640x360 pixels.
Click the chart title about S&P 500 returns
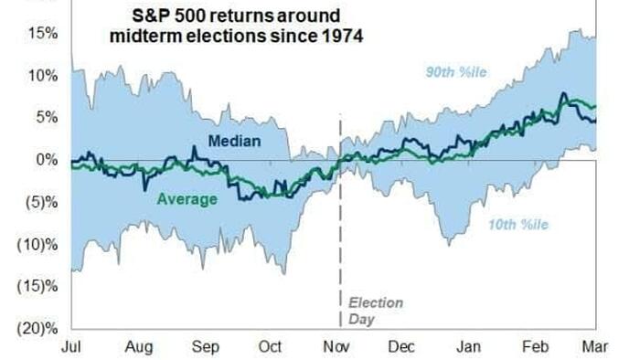(x=236, y=26)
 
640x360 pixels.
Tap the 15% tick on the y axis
(x=42, y=34)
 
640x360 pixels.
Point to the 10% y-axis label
(x=42, y=76)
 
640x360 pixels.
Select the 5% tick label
(x=47, y=118)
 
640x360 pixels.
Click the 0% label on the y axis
(x=47, y=159)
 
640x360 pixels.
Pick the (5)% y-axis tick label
(x=41, y=202)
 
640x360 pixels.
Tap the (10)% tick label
(x=37, y=244)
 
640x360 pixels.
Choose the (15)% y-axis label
(x=37, y=286)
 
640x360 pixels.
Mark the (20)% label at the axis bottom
(x=37, y=328)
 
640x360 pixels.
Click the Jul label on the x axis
(x=71, y=347)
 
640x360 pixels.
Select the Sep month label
(x=206, y=347)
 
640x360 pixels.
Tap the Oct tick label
(x=270, y=347)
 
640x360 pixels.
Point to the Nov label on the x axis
(x=336, y=347)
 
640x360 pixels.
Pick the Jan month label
(x=468, y=347)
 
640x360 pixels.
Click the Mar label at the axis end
(x=594, y=347)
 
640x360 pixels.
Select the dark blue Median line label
(x=234, y=141)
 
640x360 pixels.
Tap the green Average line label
(x=187, y=199)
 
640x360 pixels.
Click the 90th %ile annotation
(x=456, y=72)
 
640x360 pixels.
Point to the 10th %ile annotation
(x=518, y=225)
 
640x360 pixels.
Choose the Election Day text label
(x=375, y=311)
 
